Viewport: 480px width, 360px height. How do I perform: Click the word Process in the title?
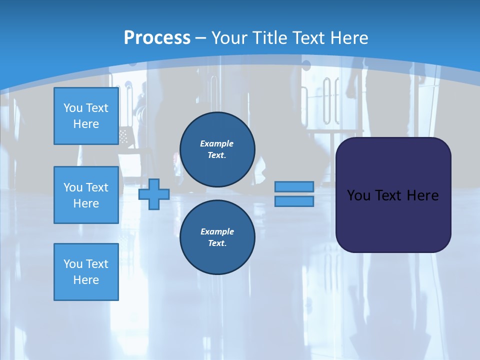(157, 38)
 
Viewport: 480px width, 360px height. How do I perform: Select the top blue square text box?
(86, 116)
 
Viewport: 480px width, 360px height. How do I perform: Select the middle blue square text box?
(86, 195)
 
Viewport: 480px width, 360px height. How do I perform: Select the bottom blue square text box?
(86, 272)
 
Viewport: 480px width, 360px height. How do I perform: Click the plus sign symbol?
(154, 194)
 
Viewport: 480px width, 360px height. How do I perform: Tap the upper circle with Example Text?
(217, 149)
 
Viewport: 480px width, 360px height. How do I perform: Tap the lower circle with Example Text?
(217, 237)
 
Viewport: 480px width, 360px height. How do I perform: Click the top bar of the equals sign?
(294, 186)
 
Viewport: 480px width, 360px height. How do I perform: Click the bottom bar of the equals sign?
(294, 201)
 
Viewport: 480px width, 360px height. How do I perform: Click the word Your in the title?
(229, 38)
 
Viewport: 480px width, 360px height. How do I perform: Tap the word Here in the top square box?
(86, 124)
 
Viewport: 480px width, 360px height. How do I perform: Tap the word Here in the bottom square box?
(86, 280)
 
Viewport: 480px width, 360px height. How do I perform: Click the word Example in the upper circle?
(217, 143)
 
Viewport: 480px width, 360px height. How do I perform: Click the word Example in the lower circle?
(217, 231)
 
